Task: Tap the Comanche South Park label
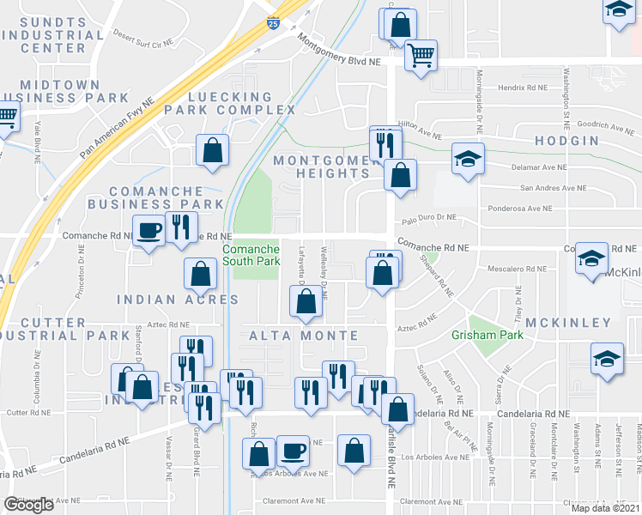pos(251,255)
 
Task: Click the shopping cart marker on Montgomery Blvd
pos(421,57)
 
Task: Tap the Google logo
pos(28,505)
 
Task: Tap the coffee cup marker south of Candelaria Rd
pos(294,451)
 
